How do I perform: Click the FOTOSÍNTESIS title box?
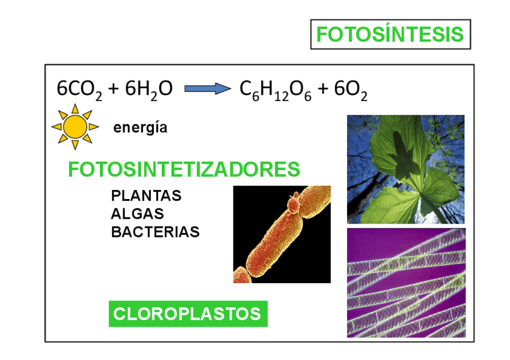tap(390, 35)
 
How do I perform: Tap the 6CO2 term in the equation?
tap(79, 90)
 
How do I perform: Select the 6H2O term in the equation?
tap(149, 90)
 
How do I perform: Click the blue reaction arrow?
tap(206, 89)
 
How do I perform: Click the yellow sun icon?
tap(75, 127)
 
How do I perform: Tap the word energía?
tap(140, 127)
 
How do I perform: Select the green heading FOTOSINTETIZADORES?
tap(184, 169)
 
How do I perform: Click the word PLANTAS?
tap(146, 196)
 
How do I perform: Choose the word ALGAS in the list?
tap(137, 214)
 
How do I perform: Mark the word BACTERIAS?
tap(155, 232)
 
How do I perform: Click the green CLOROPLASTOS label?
tap(188, 314)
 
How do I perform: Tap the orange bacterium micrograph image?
tap(281, 234)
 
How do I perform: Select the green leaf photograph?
tap(405, 169)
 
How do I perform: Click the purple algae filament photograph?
tap(405, 282)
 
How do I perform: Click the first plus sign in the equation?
tap(113, 90)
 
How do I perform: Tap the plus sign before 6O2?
tap(323, 90)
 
